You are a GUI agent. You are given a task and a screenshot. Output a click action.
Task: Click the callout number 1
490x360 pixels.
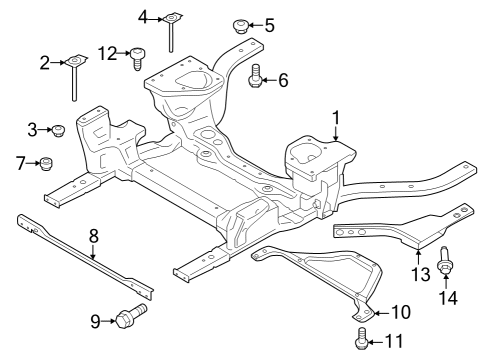(x=337, y=117)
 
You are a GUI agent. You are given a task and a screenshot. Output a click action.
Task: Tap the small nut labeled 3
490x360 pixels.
(x=59, y=130)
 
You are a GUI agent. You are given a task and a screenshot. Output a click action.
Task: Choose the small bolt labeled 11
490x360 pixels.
(x=361, y=341)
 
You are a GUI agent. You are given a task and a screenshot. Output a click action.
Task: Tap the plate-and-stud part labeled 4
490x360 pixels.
(x=172, y=25)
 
